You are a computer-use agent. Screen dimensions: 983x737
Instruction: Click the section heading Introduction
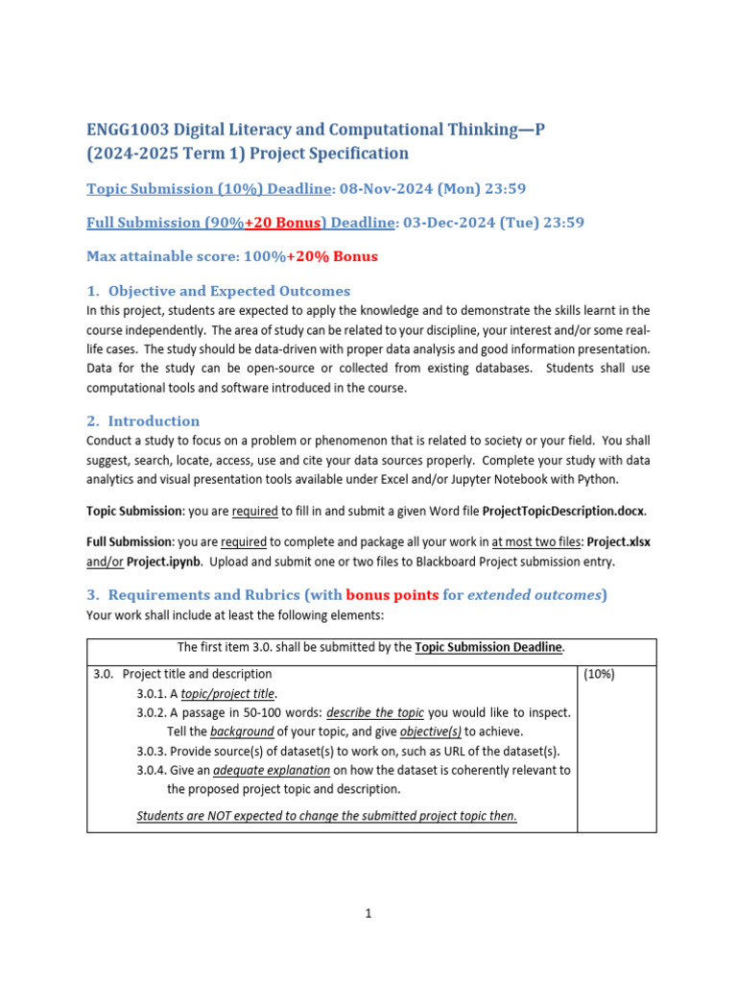tap(154, 420)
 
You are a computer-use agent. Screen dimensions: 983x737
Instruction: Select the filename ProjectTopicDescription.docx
tap(563, 510)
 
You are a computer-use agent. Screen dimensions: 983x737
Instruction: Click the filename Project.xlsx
tap(618, 541)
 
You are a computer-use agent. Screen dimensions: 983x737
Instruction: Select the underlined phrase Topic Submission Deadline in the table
tap(488, 647)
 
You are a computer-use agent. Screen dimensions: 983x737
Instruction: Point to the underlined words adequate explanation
tap(272, 770)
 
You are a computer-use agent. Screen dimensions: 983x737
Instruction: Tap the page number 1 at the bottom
tap(368, 914)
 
